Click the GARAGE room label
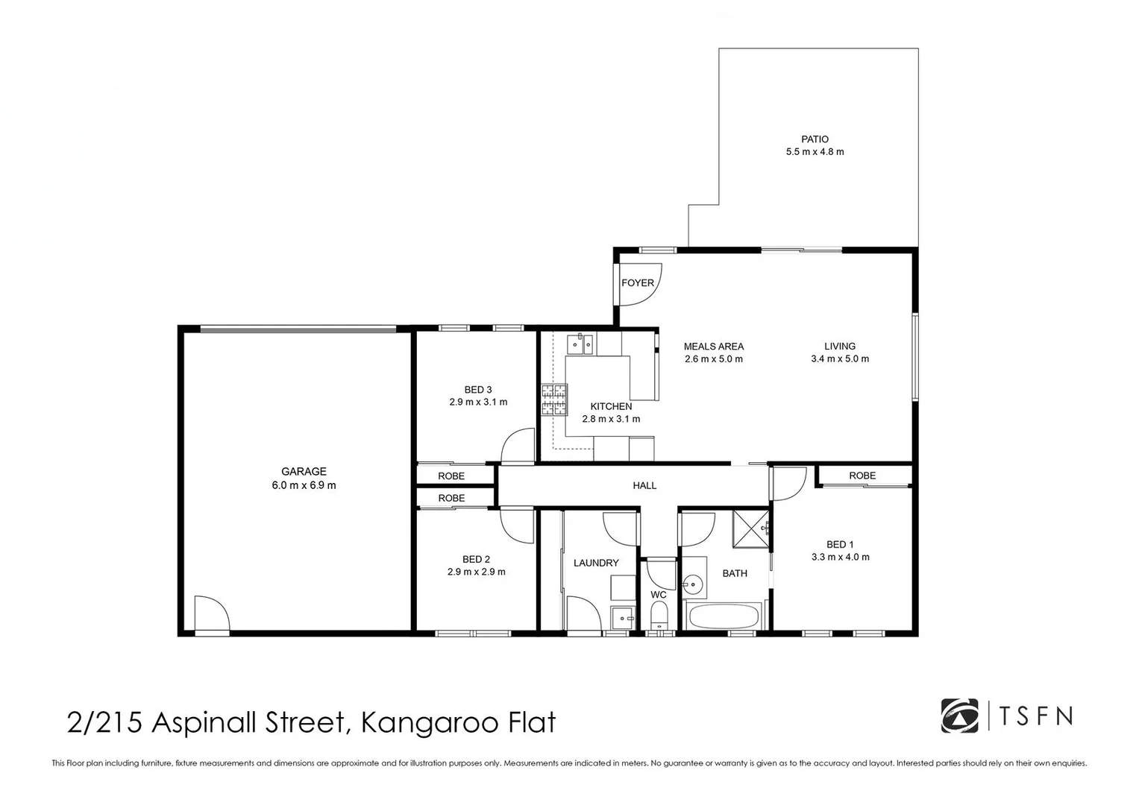pyautogui.click(x=304, y=471)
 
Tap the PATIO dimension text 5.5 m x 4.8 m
pyautogui.click(x=815, y=152)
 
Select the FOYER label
pyautogui.click(x=637, y=283)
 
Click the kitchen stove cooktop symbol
pyautogui.click(x=554, y=400)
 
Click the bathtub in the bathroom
pyautogui.click(x=723, y=616)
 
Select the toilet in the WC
pyautogui.click(x=659, y=616)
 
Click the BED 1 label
pyautogui.click(x=840, y=544)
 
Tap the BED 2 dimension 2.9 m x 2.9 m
pyautogui.click(x=476, y=572)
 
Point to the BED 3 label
pyautogui.click(x=478, y=390)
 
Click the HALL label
pyautogui.click(x=644, y=486)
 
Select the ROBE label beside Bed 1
pyautogui.click(x=862, y=476)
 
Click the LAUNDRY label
pyautogui.click(x=596, y=563)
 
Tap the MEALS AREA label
pyautogui.click(x=714, y=347)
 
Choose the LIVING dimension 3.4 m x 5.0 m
pyautogui.click(x=840, y=359)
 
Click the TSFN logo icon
pyautogui.click(x=959, y=716)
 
